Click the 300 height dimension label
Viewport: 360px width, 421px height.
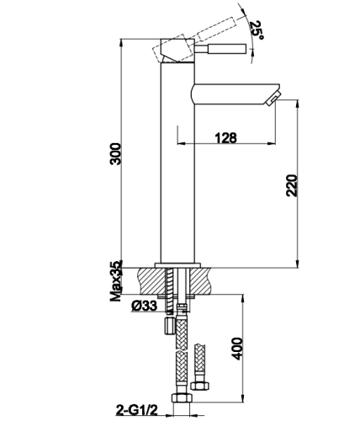click(x=115, y=154)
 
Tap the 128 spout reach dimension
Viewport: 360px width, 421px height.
click(x=225, y=138)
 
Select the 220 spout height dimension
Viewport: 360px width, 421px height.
click(x=292, y=185)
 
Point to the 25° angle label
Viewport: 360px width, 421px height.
click(x=257, y=30)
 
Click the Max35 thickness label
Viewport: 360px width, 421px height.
click(x=116, y=280)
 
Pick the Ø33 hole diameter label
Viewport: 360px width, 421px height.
click(x=144, y=306)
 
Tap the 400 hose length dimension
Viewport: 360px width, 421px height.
click(x=238, y=349)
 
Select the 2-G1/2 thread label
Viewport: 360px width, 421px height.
click(x=136, y=410)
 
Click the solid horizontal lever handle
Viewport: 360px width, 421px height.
click(x=220, y=49)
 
